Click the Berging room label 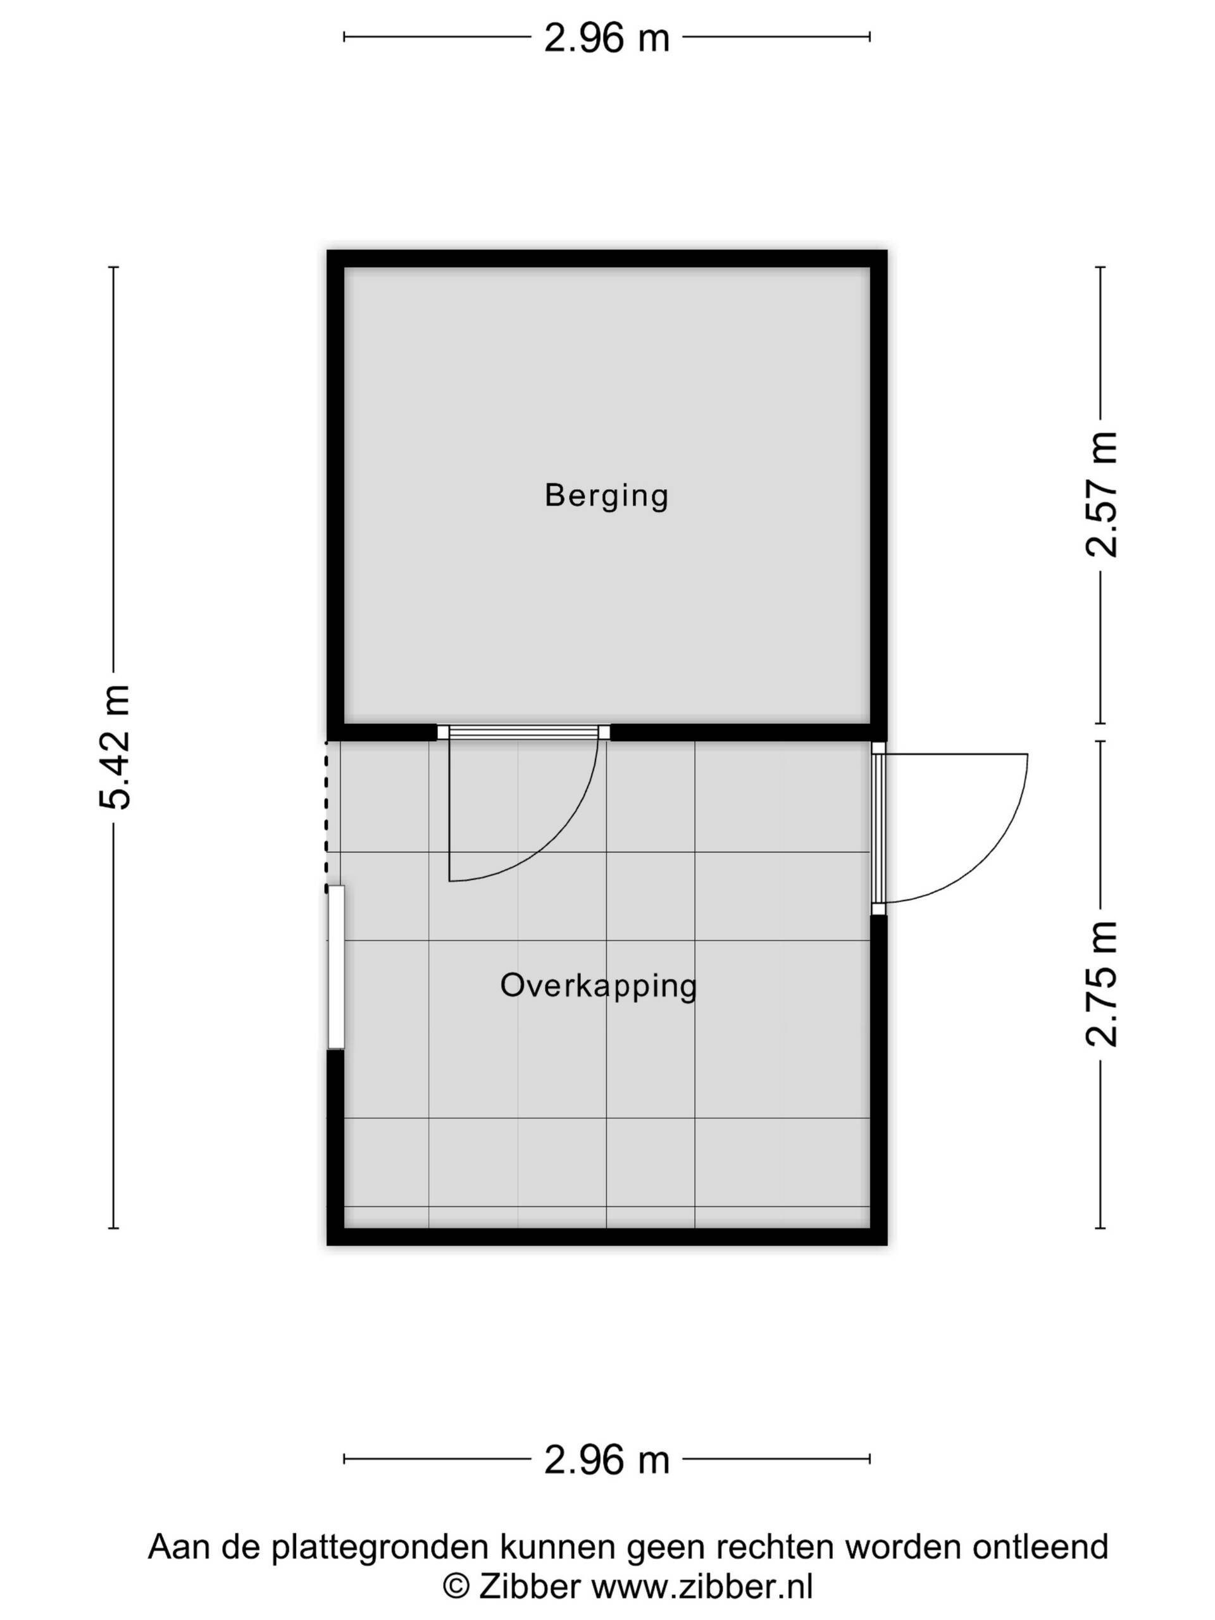point(606,496)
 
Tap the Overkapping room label point(599,986)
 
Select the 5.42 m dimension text point(115,747)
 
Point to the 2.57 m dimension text point(1100,494)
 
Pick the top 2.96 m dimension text point(606,37)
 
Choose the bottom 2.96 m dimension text point(606,1460)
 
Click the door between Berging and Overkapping point(523,732)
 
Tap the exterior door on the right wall point(878,828)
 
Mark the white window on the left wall point(335,968)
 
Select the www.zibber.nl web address point(702,1586)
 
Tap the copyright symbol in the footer point(456,1587)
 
